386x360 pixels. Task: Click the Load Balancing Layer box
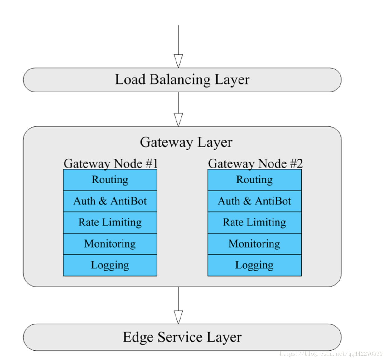point(182,80)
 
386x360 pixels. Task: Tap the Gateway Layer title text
point(186,143)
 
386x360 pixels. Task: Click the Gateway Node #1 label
point(110,163)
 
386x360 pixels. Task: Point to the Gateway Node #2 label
point(255,163)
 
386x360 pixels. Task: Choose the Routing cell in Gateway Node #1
point(110,180)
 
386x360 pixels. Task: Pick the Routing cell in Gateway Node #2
point(254,180)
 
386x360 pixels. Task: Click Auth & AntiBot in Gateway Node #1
point(110,201)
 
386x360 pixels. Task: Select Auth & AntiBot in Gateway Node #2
point(254,201)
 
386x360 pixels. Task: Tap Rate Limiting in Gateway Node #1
point(110,223)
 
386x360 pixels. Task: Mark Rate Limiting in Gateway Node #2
point(254,223)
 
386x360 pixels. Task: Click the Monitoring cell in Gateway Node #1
point(110,244)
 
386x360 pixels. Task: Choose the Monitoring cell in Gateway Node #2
point(254,244)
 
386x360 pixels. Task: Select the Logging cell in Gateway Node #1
point(110,265)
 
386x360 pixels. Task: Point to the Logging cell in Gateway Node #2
point(254,265)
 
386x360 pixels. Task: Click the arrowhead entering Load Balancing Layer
point(178,61)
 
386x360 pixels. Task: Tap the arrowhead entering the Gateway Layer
point(178,120)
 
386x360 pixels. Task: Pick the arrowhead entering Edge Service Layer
point(178,317)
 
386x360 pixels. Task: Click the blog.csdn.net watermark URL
point(331,354)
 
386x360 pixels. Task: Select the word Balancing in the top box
point(180,80)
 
